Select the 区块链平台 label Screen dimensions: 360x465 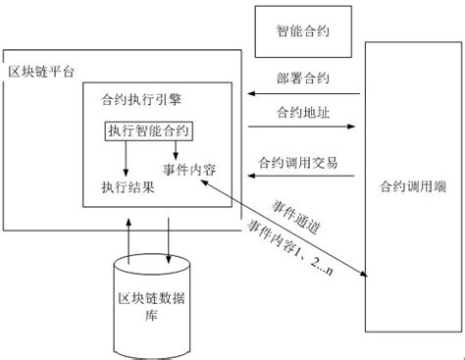point(41,74)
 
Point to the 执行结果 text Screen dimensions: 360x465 point(128,185)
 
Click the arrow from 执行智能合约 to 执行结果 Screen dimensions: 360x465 point(126,157)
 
